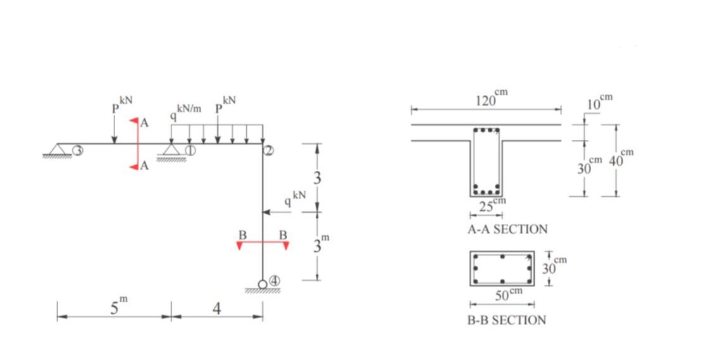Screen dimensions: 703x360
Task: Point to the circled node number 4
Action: (x=274, y=281)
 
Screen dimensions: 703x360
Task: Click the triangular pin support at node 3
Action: (x=58, y=151)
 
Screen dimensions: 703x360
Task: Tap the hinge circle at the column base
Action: (x=263, y=284)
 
